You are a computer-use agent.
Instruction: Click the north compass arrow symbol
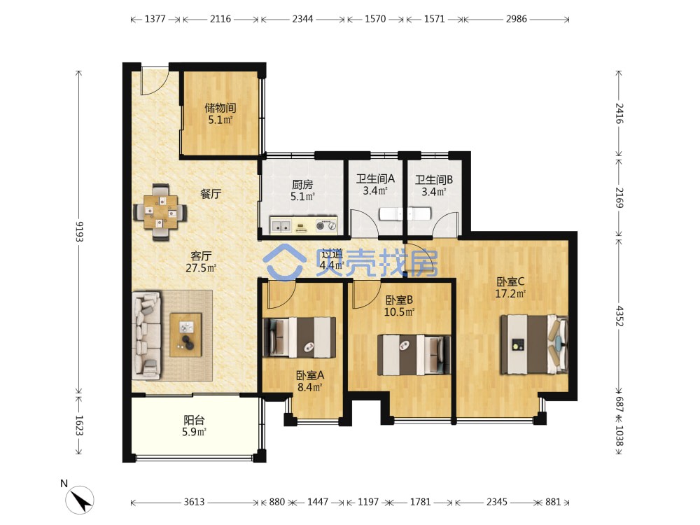click(x=80, y=500)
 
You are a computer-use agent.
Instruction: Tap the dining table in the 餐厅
click(x=160, y=212)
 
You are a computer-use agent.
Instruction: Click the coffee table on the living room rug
click(x=185, y=335)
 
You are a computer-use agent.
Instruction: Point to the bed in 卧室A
click(x=299, y=337)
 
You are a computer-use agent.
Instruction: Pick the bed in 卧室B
click(x=414, y=355)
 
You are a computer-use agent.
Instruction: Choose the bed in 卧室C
click(x=534, y=344)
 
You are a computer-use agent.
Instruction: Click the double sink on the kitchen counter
click(x=281, y=225)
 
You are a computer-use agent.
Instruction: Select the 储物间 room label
click(x=220, y=108)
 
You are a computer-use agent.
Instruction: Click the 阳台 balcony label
click(x=194, y=420)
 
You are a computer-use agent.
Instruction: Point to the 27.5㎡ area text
click(x=201, y=268)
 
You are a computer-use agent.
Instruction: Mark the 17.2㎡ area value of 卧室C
click(x=510, y=294)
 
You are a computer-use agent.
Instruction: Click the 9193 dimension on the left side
click(x=79, y=231)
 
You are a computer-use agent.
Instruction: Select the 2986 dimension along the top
click(x=517, y=19)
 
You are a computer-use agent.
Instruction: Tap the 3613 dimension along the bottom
click(x=194, y=502)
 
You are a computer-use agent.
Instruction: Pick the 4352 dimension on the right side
click(x=619, y=316)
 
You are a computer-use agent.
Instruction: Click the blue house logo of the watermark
click(x=284, y=261)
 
